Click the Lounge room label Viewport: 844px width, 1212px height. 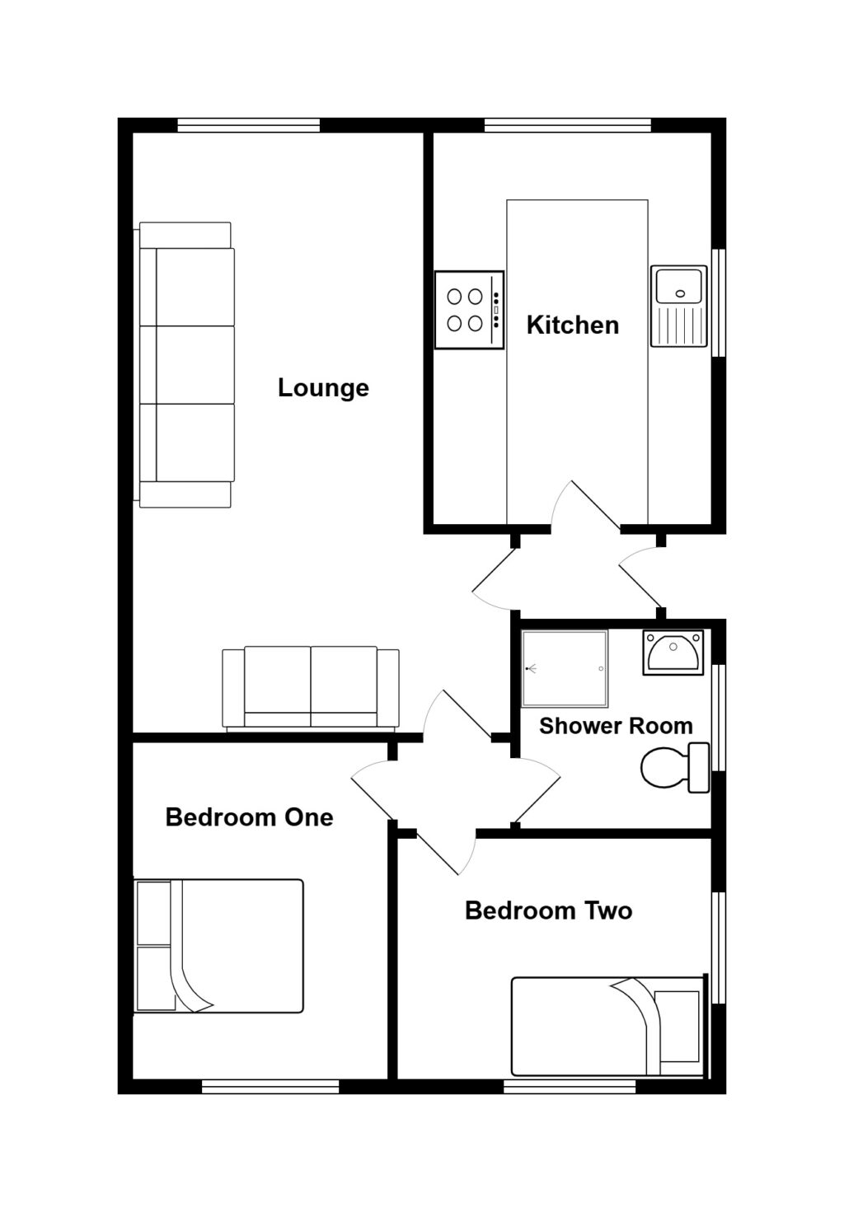pyautogui.click(x=323, y=388)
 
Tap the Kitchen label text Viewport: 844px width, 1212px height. pyautogui.click(x=572, y=325)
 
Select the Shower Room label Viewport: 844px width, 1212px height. pyautogui.click(x=615, y=726)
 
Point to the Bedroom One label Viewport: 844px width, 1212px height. pyautogui.click(x=249, y=817)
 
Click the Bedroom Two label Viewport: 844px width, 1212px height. pyautogui.click(x=548, y=910)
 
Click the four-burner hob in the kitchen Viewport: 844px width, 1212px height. pyautogui.click(x=469, y=310)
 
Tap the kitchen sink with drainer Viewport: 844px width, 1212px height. pyautogui.click(x=678, y=306)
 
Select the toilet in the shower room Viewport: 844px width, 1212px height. pyautogui.click(x=674, y=768)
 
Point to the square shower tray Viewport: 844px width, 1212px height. pyautogui.click(x=565, y=669)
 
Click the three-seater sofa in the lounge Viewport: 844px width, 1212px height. pyautogui.click(x=186, y=365)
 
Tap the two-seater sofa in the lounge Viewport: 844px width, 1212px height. pyautogui.click(x=311, y=689)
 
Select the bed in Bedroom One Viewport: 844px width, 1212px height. pyautogui.click(x=219, y=946)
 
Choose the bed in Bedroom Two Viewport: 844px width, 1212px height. pyautogui.click(x=608, y=1027)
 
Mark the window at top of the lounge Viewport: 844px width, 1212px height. pyautogui.click(x=248, y=125)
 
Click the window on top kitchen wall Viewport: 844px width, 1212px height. pyautogui.click(x=567, y=125)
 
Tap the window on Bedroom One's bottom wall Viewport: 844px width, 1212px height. pyautogui.click(x=270, y=1087)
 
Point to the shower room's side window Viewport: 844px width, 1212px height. pyautogui.click(x=719, y=717)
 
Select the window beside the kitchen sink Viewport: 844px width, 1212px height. pyautogui.click(x=719, y=302)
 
